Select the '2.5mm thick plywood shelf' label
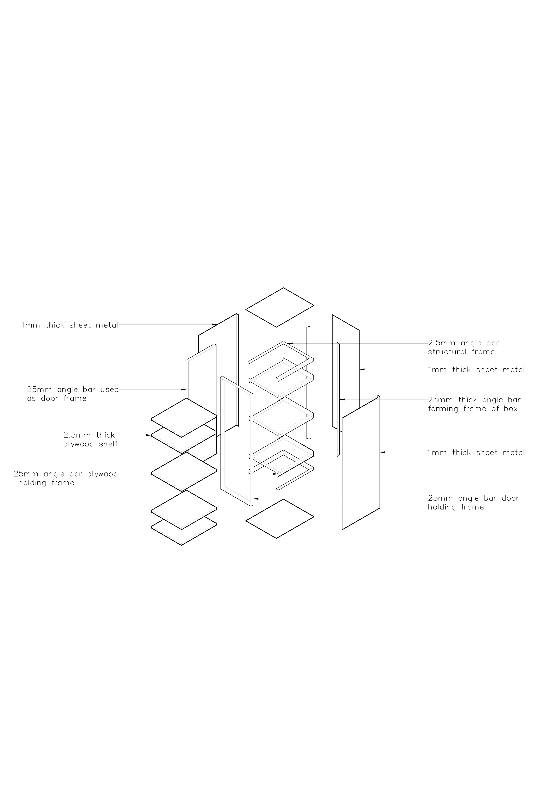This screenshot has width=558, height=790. [x=90, y=439]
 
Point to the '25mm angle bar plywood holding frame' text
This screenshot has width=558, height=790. [x=66, y=478]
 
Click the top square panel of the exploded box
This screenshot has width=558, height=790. [x=280, y=307]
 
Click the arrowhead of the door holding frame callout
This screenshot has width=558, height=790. [x=255, y=499]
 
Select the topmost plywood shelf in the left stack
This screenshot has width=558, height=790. [x=184, y=418]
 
